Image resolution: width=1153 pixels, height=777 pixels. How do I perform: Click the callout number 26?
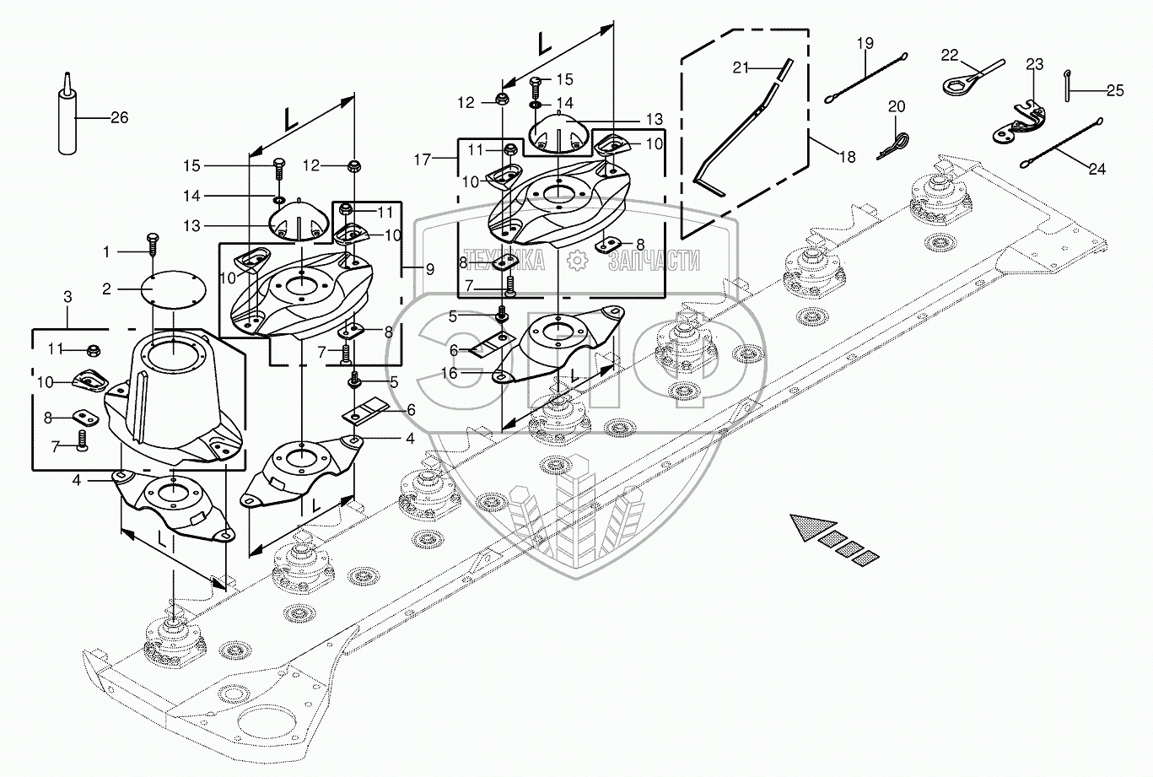(120, 118)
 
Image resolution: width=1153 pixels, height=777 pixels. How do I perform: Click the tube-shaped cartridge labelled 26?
(67, 116)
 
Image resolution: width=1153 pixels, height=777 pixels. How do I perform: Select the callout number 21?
(741, 67)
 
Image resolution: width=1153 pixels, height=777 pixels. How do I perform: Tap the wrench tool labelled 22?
(972, 78)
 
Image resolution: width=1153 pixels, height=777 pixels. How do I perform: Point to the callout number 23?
(1035, 64)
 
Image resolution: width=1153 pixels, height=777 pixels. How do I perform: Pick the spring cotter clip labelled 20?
(894, 146)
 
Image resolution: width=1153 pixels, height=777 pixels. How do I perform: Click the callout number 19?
(865, 43)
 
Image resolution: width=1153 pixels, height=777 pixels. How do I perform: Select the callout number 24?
(1096, 169)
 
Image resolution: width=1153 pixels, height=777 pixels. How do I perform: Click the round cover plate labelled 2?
(174, 290)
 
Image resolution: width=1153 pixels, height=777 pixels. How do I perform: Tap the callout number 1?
(106, 251)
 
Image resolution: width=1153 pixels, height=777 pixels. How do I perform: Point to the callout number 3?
(67, 297)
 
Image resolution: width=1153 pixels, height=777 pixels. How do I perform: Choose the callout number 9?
(430, 269)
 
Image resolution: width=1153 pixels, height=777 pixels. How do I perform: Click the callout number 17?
(422, 159)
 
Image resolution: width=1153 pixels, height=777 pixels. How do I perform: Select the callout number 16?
(450, 373)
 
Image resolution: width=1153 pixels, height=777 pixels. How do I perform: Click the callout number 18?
(848, 157)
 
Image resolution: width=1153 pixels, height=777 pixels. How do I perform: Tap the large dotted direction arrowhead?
(811, 527)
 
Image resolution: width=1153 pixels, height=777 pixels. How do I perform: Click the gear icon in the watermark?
(577, 261)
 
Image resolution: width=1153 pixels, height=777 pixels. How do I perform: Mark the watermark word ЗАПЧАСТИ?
(654, 261)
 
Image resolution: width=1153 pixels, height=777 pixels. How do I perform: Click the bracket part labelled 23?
(1019, 124)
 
